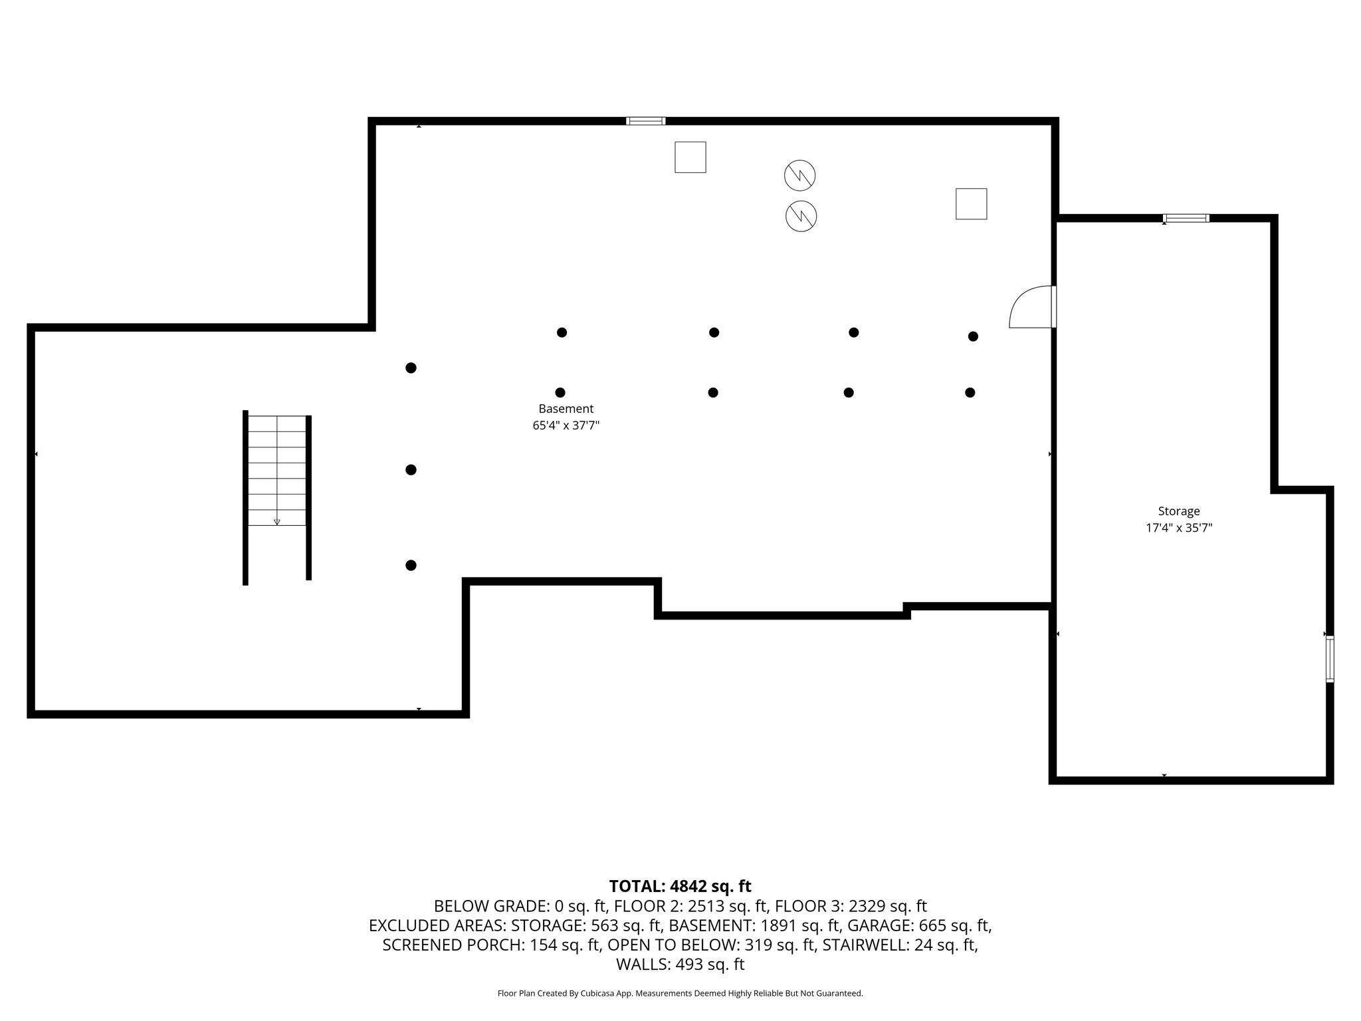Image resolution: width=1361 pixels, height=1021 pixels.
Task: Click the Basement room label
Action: pyautogui.click(x=566, y=409)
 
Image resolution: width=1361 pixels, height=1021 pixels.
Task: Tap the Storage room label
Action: pyautogui.click(x=1179, y=511)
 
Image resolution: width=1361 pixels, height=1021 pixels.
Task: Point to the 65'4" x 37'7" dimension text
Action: pyautogui.click(x=566, y=425)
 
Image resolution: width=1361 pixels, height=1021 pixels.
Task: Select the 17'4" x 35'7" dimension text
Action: pyautogui.click(x=1179, y=528)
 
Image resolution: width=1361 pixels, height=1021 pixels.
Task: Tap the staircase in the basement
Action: pyautogui.click(x=277, y=497)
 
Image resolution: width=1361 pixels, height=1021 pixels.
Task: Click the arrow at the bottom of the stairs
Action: pyautogui.click(x=277, y=522)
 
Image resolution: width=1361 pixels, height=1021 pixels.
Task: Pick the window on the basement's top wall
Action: pyautogui.click(x=646, y=121)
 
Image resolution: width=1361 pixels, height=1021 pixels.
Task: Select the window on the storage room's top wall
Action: pyautogui.click(x=1186, y=218)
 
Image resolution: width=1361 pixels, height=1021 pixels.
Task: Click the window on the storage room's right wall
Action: pyautogui.click(x=1329, y=659)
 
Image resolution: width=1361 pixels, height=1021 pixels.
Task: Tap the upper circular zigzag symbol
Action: pyautogui.click(x=799, y=175)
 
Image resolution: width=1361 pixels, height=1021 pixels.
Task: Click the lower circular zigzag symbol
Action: pyautogui.click(x=801, y=216)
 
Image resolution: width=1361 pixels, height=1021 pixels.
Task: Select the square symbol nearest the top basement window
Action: pyautogui.click(x=690, y=158)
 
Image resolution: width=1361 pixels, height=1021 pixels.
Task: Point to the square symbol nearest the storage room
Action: pyautogui.click(x=971, y=203)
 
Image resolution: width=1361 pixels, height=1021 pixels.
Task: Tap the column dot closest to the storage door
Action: pyautogui.click(x=973, y=336)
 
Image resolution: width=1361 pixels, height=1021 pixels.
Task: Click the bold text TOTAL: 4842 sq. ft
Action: pyautogui.click(x=680, y=886)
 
